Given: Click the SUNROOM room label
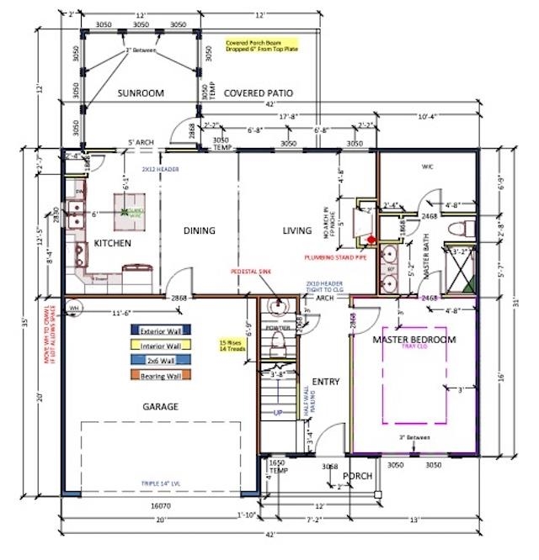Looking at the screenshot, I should point(141,92).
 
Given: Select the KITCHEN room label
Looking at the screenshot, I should point(112,243).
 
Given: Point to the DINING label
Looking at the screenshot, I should point(200,230).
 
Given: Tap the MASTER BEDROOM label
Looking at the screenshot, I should point(414,339).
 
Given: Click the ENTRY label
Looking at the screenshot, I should point(325,382).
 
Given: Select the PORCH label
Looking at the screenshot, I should point(358,475).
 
